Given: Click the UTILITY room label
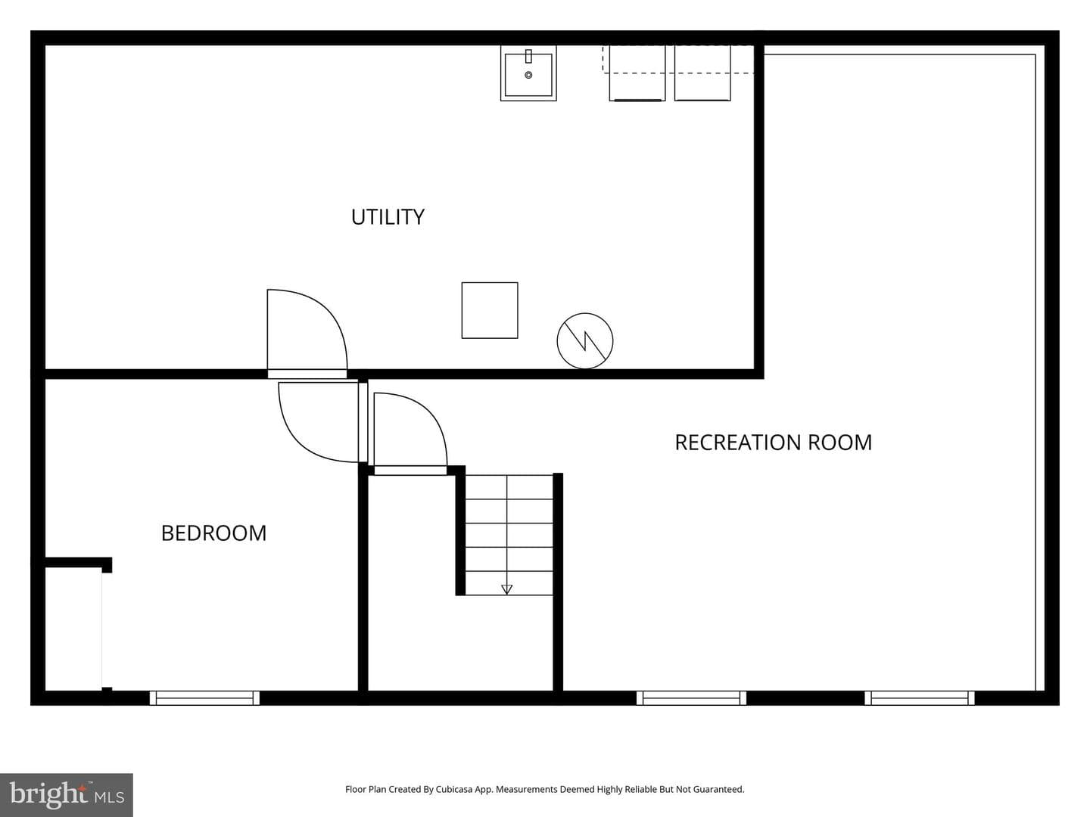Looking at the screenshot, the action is (x=388, y=217).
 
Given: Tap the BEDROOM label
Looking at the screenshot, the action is (x=214, y=533).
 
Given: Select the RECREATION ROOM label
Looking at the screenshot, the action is (x=773, y=443).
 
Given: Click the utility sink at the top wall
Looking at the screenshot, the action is (x=528, y=73).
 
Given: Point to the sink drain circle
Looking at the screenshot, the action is (x=528, y=75).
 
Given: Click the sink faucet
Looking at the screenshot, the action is (x=528, y=56).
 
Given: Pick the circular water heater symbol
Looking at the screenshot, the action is (x=585, y=340).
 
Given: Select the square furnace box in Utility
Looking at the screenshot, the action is (x=490, y=310).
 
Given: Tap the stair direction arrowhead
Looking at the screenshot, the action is (x=506, y=589).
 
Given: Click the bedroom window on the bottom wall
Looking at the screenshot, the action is (x=204, y=698).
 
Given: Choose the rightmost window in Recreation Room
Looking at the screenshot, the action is (x=919, y=698).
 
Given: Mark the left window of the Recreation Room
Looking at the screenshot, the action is (x=691, y=698).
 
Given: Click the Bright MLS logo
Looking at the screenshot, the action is (x=67, y=794).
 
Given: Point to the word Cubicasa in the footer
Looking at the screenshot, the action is (x=454, y=789).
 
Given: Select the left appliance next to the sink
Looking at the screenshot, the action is (x=637, y=73).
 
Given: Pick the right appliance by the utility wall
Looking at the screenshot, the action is (x=702, y=73).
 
